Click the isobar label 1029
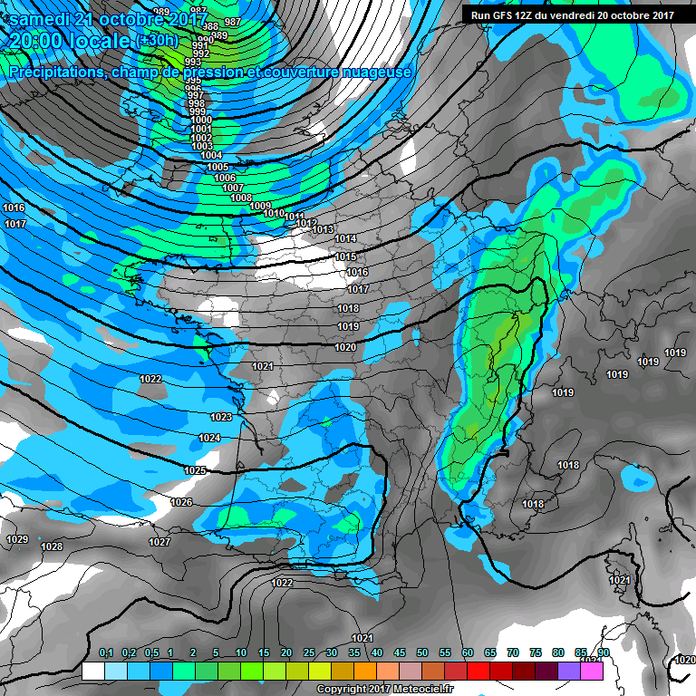click(17, 539)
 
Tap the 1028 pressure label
click(52, 546)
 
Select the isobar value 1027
click(159, 542)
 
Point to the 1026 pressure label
click(181, 502)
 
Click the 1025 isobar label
click(195, 470)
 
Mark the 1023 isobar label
click(220, 417)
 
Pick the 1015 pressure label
click(345, 256)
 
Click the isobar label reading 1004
click(211, 156)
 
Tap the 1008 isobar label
click(240, 198)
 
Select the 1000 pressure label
click(201, 121)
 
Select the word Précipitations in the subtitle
click(53, 72)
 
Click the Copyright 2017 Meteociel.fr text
click(384, 690)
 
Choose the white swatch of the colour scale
click(92, 672)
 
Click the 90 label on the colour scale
click(603, 652)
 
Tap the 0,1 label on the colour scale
click(105, 652)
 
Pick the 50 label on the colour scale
click(422, 652)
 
